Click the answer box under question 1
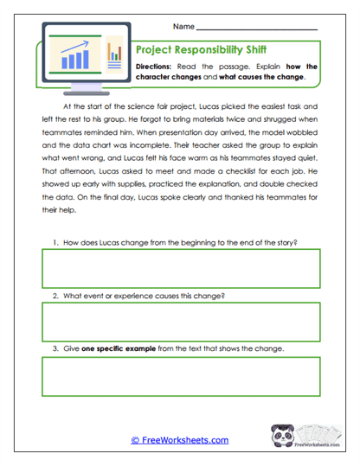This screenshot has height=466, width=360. [x=179, y=266]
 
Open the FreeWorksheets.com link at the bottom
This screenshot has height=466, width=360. [x=179, y=440]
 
